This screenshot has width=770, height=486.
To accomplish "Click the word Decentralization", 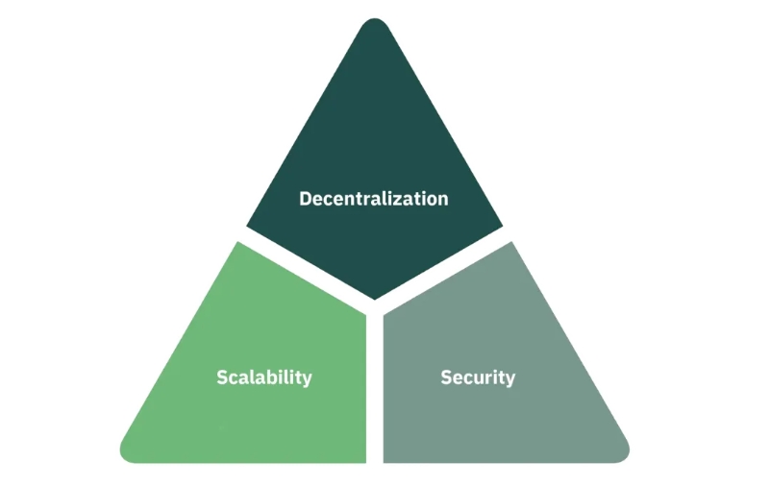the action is coord(374,199).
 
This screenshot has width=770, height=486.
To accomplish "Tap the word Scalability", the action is coord(264,377).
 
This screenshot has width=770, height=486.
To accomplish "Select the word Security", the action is coord(478,377).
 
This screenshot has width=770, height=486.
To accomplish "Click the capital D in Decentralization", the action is coord(306,199).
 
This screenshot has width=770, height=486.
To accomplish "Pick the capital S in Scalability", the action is coord(222,377).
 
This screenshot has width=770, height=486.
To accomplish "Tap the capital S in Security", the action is coord(446,377).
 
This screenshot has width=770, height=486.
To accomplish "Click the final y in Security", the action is coord(509,380).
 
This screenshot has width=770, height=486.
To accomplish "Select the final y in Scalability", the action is coord(307,380).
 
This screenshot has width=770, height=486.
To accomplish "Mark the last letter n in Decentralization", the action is coord(443,201).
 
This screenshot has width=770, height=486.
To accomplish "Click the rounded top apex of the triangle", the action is coord(375,19).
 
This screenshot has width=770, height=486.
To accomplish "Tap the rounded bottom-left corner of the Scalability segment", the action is coord(126,455).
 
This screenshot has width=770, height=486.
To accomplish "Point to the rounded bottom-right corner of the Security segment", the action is coord(624,455).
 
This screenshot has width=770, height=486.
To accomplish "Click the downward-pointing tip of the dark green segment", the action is coord(375,299).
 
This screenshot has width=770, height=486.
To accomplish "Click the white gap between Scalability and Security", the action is coord(375,387).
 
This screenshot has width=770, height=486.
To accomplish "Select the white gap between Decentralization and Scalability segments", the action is coord(305,269).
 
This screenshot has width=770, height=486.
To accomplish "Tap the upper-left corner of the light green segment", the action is coord(238,242).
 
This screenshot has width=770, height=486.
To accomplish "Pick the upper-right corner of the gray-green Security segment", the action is coord(511,242).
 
